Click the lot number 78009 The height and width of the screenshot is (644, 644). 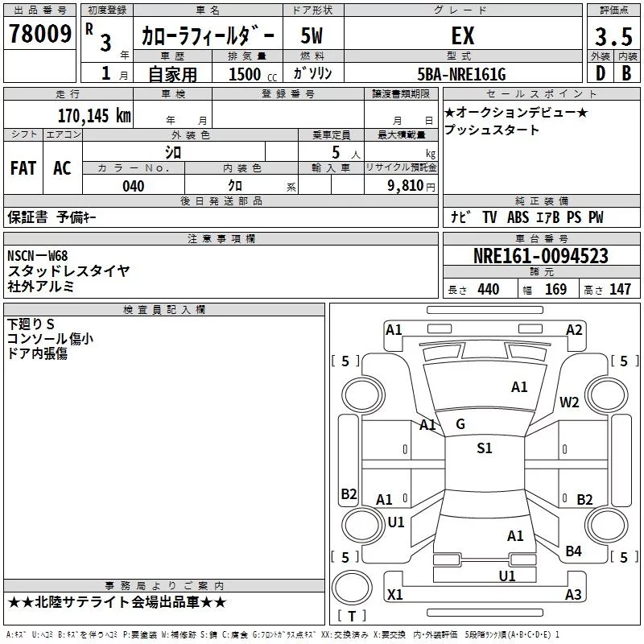[x=39, y=35]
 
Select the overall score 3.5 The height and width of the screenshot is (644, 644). [x=613, y=37]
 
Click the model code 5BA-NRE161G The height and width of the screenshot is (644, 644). [x=463, y=75]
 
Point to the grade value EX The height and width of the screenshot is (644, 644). [x=462, y=35]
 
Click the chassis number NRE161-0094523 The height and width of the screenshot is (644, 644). [x=540, y=257]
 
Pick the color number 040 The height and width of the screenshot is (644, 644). [x=134, y=187]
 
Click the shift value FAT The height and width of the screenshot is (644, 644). [x=23, y=168]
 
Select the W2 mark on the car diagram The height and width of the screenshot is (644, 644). [x=570, y=402]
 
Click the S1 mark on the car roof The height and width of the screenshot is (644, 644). [x=484, y=448]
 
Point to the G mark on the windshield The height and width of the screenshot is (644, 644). [x=460, y=424]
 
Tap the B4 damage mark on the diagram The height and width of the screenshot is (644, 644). [x=573, y=551]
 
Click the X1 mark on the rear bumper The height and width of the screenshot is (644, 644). [x=394, y=595]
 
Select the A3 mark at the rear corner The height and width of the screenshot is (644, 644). [x=573, y=595]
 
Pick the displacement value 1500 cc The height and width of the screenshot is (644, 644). [x=250, y=75]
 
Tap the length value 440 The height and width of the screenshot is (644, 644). [x=488, y=290]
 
